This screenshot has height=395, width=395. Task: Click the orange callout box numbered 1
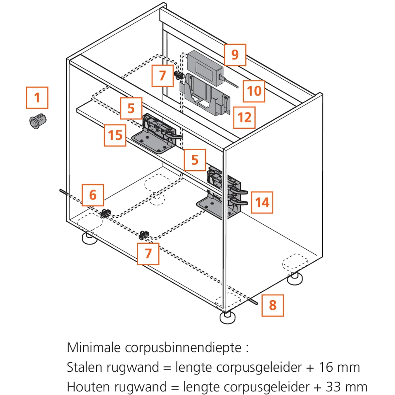pyautogui.click(x=37, y=98)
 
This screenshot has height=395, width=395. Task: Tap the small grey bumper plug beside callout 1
pyautogui.click(x=38, y=120)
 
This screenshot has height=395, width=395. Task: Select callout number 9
pyautogui.click(x=235, y=55)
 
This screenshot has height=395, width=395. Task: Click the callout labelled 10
pyautogui.click(x=254, y=91)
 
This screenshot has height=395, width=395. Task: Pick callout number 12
pyautogui.click(x=245, y=117)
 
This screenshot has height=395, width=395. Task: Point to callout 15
pyautogui.click(x=115, y=135)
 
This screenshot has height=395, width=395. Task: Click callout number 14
pyautogui.click(x=262, y=203)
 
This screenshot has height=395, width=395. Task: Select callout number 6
pyautogui.click(x=93, y=195)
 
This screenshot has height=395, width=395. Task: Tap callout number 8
pyautogui.click(x=273, y=305)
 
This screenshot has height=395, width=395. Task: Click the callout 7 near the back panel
pyautogui.click(x=163, y=75)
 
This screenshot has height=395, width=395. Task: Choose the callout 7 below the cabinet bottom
pyautogui.click(x=148, y=254)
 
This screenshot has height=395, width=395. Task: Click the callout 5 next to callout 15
pyautogui.click(x=131, y=108)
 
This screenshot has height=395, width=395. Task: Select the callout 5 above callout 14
pyautogui.click(x=195, y=160)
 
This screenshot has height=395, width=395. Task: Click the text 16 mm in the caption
pyautogui.click(x=339, y=367)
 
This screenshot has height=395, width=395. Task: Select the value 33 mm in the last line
pyautogui.click(x=346, y=386)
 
